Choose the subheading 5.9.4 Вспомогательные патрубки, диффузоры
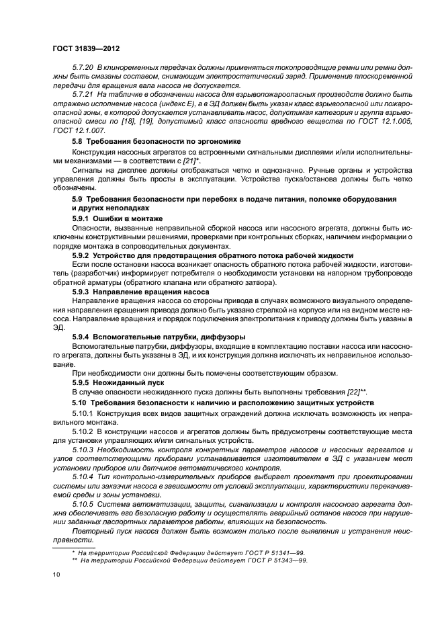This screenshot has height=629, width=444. coord(158,336)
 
